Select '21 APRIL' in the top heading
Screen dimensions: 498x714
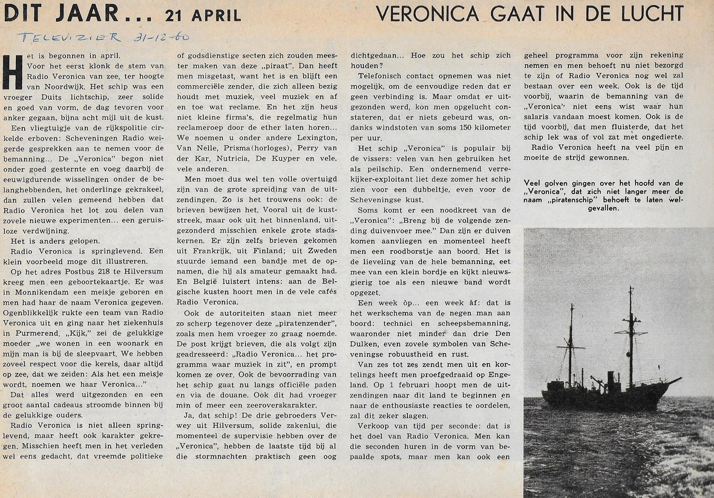coord(203,15)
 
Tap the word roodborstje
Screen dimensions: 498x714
coord(413,251)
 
